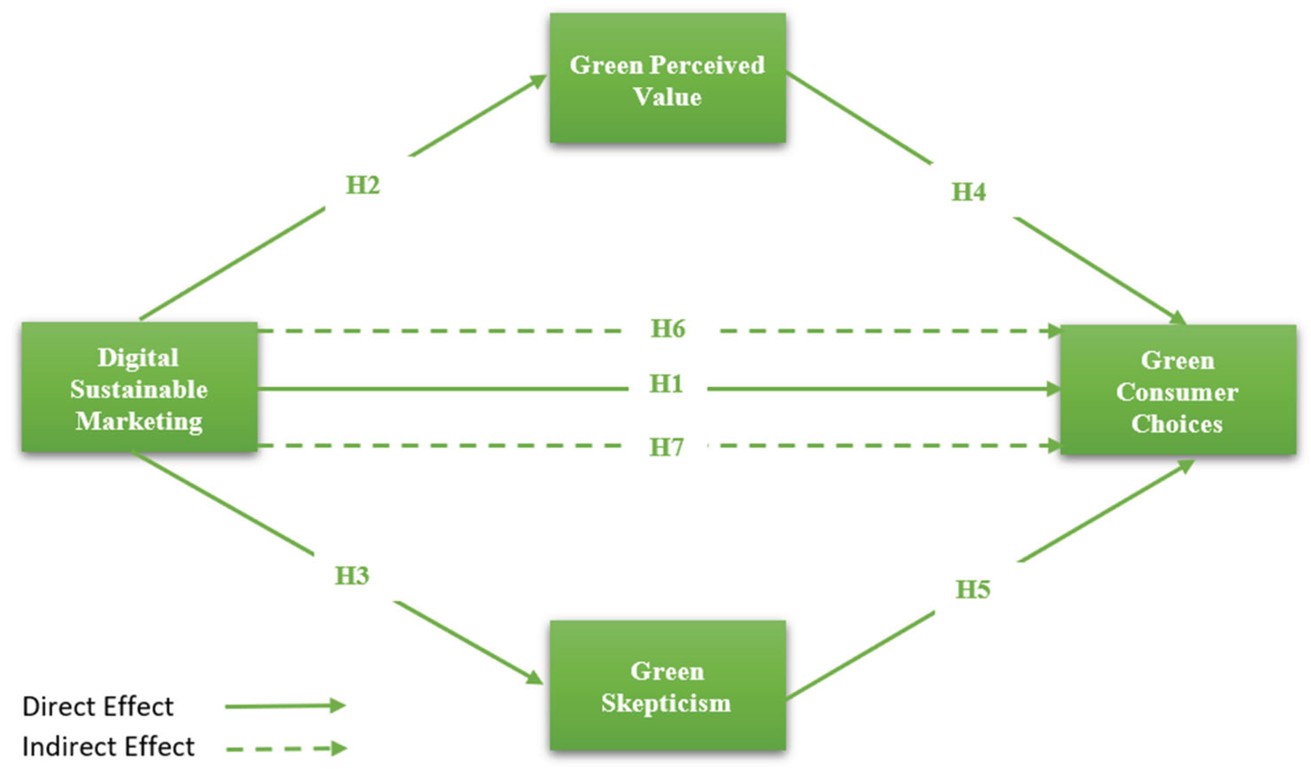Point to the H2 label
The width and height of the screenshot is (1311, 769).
[363, 185]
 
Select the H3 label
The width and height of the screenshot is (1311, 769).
[352, 576]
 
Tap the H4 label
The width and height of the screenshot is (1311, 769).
[969, 192]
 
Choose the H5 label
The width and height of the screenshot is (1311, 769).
[973, 590]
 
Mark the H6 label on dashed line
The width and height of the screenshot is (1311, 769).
[668, 329]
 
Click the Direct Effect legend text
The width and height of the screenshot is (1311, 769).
[98, 706]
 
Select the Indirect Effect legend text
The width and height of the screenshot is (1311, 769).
[108, 747]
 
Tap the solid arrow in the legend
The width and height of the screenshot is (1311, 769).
[285, 706]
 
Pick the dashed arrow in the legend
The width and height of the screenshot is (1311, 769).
[286, 748]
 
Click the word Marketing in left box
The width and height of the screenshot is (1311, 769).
[139, 421]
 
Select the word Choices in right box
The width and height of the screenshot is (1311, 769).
[1177, 424]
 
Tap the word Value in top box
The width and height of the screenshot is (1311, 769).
[667, 98]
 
